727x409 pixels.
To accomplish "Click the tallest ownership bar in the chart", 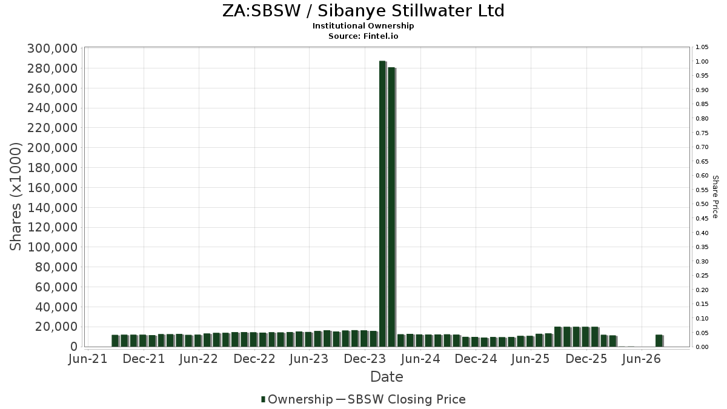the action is (x=383, y=204).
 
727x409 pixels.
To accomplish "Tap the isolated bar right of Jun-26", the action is (x=659, y=341).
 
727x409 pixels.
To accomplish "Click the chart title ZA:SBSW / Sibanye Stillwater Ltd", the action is (x=363, y=11).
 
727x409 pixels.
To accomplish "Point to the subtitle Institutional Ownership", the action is (x=363, y=26).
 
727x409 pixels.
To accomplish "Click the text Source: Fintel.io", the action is (x=363, y=36).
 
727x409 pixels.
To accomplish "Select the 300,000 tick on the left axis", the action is (x=53, y=48).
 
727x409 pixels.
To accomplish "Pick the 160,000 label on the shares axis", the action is (x=53, y=188).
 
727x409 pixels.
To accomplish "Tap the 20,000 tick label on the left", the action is (x=56, y=327).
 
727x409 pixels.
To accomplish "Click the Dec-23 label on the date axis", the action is (x=365, y=359).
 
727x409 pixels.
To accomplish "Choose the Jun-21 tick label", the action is (x=88, y=359).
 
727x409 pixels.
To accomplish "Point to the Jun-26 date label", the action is (x=642, y=359).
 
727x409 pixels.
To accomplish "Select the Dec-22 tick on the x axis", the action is (x=254, y=359).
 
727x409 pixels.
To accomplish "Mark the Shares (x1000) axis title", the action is (x=15, y=197).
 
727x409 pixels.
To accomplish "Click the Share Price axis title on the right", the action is (x=715, y=197).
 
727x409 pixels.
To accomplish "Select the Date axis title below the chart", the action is (x=387, y=377).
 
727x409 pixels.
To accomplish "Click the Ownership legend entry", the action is (x=297, y=399).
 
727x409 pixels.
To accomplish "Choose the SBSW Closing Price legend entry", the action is (x=401, y=399).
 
